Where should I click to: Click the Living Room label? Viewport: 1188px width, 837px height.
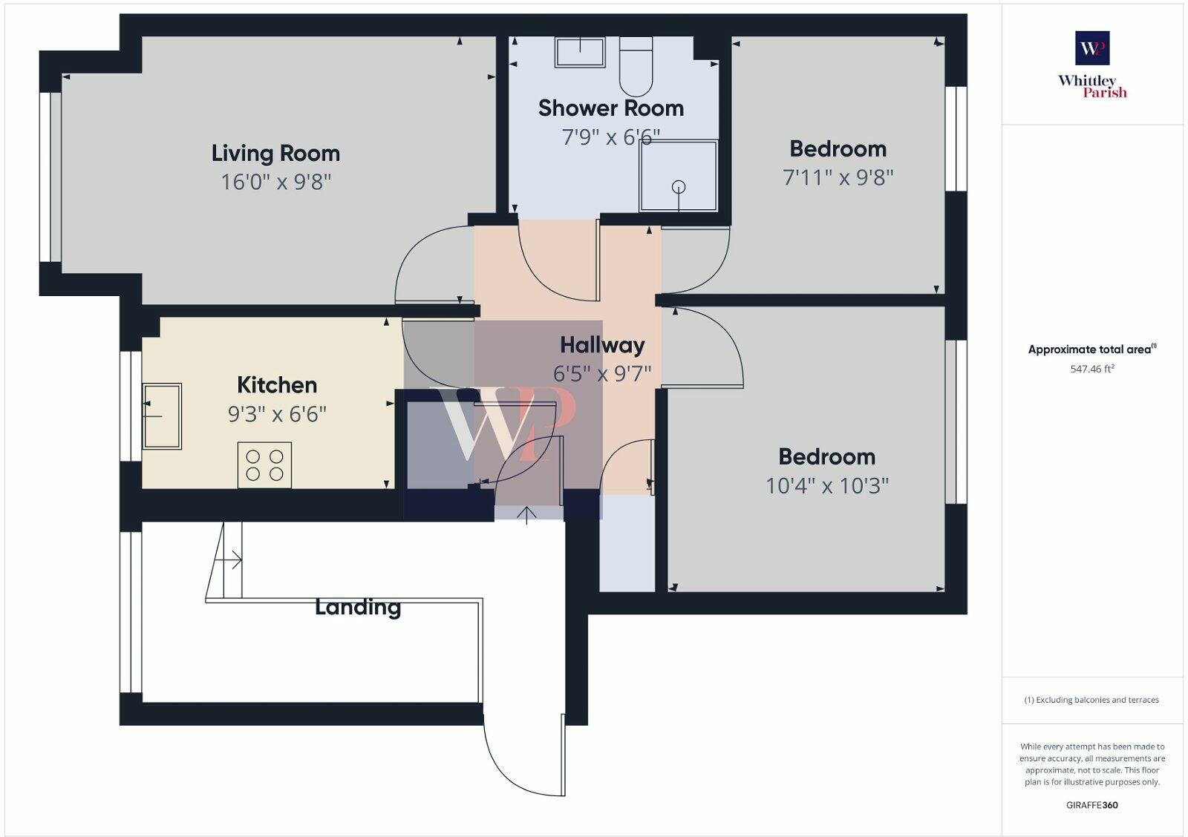[x=275, y=154]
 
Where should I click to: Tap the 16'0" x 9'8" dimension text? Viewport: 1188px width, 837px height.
[x=275, y=182]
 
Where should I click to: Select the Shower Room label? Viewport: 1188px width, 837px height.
[x=610, y=108]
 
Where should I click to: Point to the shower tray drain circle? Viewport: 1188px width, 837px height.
[x=679, y=187]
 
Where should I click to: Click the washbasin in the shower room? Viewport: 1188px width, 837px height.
[x=580, y=52]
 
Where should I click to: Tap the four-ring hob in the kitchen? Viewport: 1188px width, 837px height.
[x=264, y=465]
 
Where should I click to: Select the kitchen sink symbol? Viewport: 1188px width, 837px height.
[x=162, y=416]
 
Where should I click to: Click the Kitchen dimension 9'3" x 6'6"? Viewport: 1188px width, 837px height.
[x=277, y=414]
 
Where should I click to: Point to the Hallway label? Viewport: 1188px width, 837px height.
[x=602, y=345]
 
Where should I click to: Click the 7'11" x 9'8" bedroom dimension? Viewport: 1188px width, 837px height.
[x=838, y=177]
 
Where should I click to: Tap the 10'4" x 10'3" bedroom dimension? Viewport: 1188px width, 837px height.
[x=827, y=485]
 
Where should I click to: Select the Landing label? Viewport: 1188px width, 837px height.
[x=358, y=607]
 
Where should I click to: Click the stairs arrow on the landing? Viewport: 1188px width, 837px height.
[x=232, y=560]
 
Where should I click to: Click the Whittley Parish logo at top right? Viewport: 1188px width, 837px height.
[x=1092, y=65]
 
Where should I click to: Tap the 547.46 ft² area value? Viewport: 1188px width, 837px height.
[x=1092, y=369]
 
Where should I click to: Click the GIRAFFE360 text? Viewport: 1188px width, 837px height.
[x=1092, y=805]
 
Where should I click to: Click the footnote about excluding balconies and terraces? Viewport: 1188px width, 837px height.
[x=1092, y=700]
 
